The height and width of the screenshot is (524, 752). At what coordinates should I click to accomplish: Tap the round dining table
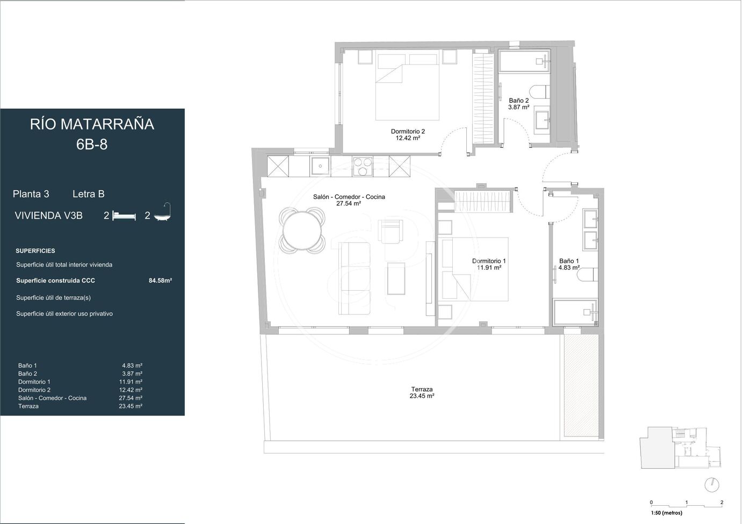click(302, 231)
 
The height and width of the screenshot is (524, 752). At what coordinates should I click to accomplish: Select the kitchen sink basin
click(320, 166)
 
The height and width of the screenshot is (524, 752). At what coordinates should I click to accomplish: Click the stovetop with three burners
click(363, 166)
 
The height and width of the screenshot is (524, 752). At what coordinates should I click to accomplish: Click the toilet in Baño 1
click(588, 275)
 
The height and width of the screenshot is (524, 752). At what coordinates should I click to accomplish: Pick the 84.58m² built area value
click(160, 281)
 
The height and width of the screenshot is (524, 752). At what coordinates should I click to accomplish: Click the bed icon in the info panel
click(124, 216)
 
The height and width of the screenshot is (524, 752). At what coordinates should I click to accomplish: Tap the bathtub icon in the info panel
click(162, 212)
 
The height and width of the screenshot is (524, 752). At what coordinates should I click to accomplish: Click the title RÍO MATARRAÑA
click(92, 124)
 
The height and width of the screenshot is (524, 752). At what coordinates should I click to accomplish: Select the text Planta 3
click(31, 194)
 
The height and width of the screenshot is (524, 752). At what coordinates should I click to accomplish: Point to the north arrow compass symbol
click(712, 485)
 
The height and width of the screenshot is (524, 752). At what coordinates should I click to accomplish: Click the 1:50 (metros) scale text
click(667, 513)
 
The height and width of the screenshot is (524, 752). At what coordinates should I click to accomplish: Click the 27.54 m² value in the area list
click(131, 398)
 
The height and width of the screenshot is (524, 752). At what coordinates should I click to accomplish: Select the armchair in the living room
click(390, 232)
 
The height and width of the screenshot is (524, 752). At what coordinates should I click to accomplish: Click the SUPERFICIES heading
click(35, 251)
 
